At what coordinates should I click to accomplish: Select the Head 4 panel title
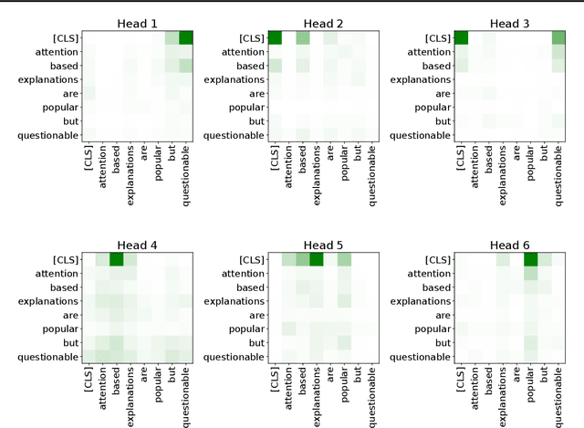138,245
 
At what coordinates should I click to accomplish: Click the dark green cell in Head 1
186,37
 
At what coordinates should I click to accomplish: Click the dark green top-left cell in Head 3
462,37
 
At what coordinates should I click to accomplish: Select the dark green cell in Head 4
117,259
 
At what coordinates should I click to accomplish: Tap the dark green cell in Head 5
317,259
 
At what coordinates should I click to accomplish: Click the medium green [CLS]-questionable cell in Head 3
558,37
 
